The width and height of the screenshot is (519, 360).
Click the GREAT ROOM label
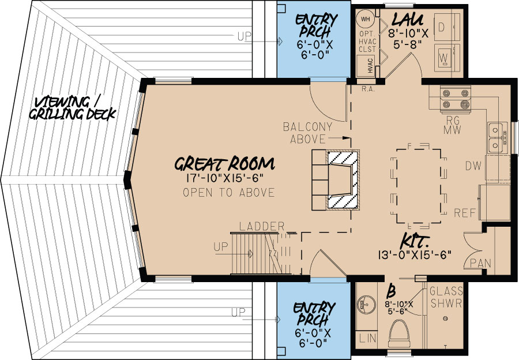pyautogui.click(x=225, y=163)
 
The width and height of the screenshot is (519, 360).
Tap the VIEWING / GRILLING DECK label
pyautogui.click(x=74, y=107)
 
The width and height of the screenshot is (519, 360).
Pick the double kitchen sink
pyautogui.click(x=495, y=138)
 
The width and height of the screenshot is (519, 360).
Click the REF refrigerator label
pyautogui.click(x=465, y=212)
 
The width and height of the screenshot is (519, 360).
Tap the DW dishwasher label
pyautogui.click(x=473, y=166)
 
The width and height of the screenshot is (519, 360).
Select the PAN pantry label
pyautogui.click(x=480, y=263)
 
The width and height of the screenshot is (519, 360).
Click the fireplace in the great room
pyautogui.click(x=344, y=180)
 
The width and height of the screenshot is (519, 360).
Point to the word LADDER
pyautogui.click(x=262, y=226)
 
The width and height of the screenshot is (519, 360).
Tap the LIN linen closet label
pyautogui.click(x=366, y=337)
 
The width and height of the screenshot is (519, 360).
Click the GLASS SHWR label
pyautogui.click(x=445, y=298)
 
